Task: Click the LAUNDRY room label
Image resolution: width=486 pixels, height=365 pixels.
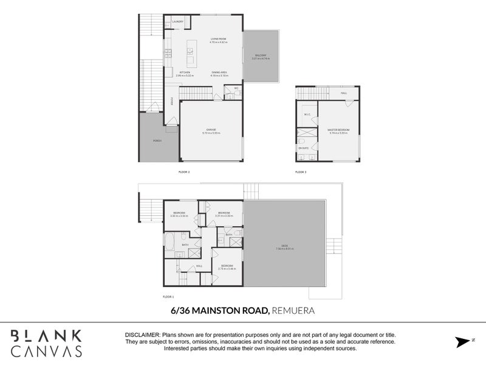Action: point(177,22)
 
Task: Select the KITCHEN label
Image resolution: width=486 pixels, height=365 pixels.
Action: point(185,72)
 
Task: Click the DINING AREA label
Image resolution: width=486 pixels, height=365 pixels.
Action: point(219,72)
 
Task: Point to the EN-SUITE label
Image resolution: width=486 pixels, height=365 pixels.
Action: point(302,147)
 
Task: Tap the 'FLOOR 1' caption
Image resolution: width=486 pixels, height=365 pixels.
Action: point(168,296)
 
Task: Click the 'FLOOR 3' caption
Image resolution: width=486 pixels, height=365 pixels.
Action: point(301,172)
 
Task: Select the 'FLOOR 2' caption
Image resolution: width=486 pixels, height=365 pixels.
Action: point(184,172)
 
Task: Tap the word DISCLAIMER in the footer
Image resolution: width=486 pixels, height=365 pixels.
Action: point(142,335)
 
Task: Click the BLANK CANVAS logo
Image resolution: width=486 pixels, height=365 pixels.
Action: point(46,342)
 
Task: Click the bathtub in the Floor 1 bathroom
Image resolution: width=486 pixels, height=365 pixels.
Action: point(169,242)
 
